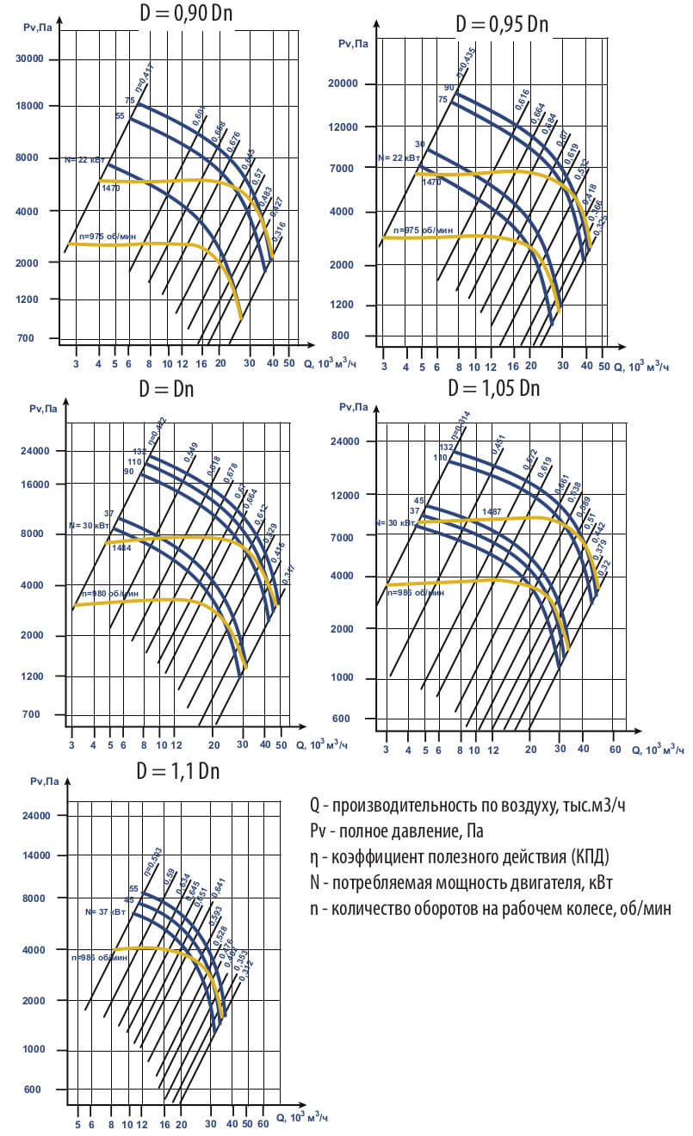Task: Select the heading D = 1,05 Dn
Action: (x=493, y=388)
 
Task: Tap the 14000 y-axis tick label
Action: (x=39, y=856)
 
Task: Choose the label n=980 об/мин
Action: (x=109, y=594)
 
